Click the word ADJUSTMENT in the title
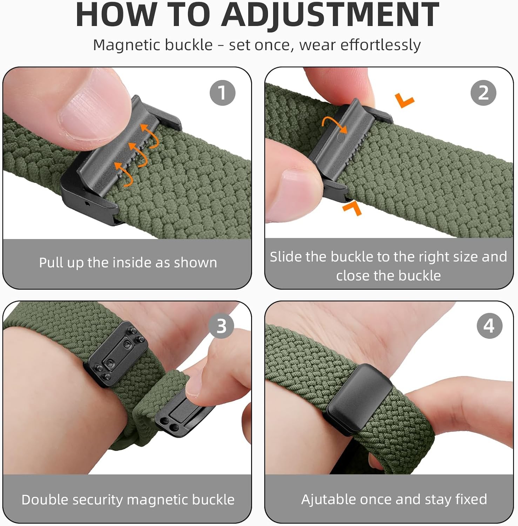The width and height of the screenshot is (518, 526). tap(330, 15)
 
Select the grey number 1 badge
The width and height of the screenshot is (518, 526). tap(222, 93)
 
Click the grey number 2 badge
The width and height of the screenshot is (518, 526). tap(483, 93)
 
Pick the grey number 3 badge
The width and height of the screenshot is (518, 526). tap(221, 326)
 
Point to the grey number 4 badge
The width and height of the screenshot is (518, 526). tap(489, 326)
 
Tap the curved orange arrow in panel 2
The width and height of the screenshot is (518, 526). tap(334, 125)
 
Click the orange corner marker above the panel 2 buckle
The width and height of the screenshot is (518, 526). tap(405, 100)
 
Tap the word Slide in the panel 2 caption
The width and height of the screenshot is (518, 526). tap(286, 257)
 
